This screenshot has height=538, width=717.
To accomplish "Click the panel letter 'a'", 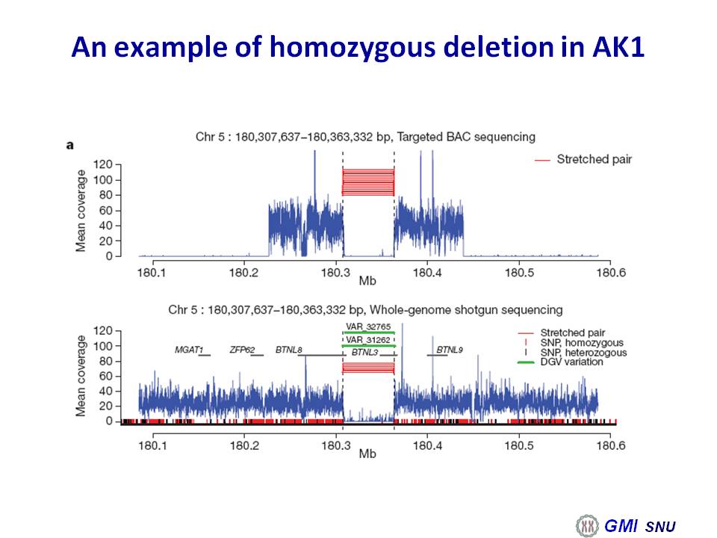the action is coord(70,146).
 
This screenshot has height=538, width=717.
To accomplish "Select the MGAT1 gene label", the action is coord(189,350).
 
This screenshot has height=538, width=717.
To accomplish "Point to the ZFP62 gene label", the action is coord(242,350).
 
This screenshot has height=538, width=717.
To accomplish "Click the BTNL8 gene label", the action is coord(288,350).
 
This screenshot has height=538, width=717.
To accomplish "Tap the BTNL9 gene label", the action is coord(450,350).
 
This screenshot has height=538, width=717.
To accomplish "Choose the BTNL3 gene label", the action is coord(365,353).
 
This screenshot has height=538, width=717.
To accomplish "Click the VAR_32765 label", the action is coord(368,327).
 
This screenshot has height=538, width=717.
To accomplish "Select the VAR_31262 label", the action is coord(368,340).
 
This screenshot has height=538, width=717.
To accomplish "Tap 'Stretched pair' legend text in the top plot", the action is coord(594,159).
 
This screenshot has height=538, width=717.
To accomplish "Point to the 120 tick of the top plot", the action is coord(103,164).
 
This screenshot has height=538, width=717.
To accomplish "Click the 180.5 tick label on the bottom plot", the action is coord(519,445).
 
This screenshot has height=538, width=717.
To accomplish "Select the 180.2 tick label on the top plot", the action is coord(243,273).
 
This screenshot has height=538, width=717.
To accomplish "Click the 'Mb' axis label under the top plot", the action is coord(367,280).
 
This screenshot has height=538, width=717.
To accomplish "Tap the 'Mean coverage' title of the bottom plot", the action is coord(81,376).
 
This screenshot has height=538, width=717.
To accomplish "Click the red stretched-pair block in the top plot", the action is coord(368,182).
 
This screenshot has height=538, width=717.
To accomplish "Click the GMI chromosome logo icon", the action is coord(587,525).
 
